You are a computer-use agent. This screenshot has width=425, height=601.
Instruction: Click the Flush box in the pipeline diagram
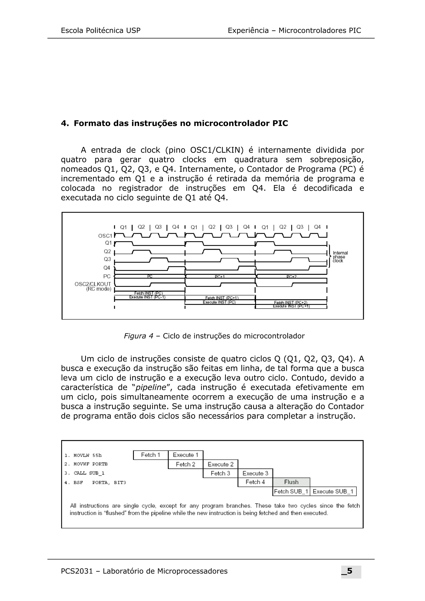pos(291,482)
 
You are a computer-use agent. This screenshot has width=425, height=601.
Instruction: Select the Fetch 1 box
pos(151,455)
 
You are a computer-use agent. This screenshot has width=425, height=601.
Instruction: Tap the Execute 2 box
pos(220,464)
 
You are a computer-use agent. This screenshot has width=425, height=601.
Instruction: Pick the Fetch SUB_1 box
pos(291,491)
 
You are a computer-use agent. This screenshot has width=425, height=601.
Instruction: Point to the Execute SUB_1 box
pos(333,491)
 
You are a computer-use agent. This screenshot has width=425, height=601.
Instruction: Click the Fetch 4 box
pos(255,482)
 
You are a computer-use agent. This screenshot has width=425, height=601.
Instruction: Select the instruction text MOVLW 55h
pos(87,455)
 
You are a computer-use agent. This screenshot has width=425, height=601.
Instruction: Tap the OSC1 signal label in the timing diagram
pos(105,236)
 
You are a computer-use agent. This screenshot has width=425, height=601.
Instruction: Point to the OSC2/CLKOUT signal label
pos(93,284)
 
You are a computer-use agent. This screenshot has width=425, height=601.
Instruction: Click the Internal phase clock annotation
pos(340,257)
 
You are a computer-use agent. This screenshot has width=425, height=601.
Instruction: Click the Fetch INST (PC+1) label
pos(222,298)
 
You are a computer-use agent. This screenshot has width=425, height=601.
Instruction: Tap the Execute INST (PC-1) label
pos(147,297)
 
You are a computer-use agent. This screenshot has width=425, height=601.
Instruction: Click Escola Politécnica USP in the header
pos(101,31)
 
